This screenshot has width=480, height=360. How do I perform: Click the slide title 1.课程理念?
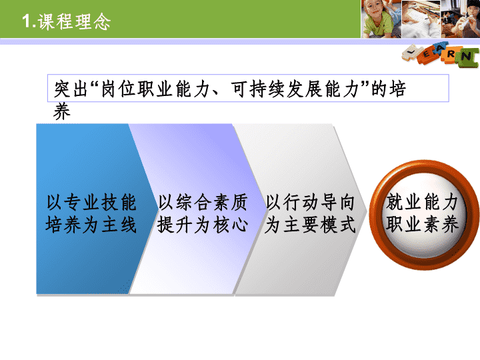66,21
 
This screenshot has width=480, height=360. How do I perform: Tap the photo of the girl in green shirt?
381,19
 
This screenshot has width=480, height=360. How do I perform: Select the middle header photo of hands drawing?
421,19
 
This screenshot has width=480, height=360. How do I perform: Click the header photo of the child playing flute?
461,19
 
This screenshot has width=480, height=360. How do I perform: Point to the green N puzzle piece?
467,57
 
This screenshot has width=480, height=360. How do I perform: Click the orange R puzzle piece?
450,55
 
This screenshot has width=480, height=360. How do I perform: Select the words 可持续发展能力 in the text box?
294,89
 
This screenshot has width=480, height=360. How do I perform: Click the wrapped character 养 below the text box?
62,111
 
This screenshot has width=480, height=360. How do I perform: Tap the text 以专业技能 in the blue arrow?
91,203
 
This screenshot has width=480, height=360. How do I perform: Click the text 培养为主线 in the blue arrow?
91,225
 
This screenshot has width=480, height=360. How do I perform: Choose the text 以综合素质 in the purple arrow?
203,203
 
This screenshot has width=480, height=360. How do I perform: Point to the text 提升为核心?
203,225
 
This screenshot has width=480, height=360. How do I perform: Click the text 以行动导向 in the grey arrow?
311,203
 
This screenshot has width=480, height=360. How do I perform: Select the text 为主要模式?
311,225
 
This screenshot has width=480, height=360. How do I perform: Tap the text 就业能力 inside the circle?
423,203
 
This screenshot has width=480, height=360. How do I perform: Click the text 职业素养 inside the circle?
423,225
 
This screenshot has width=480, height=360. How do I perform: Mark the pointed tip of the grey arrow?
367,211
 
